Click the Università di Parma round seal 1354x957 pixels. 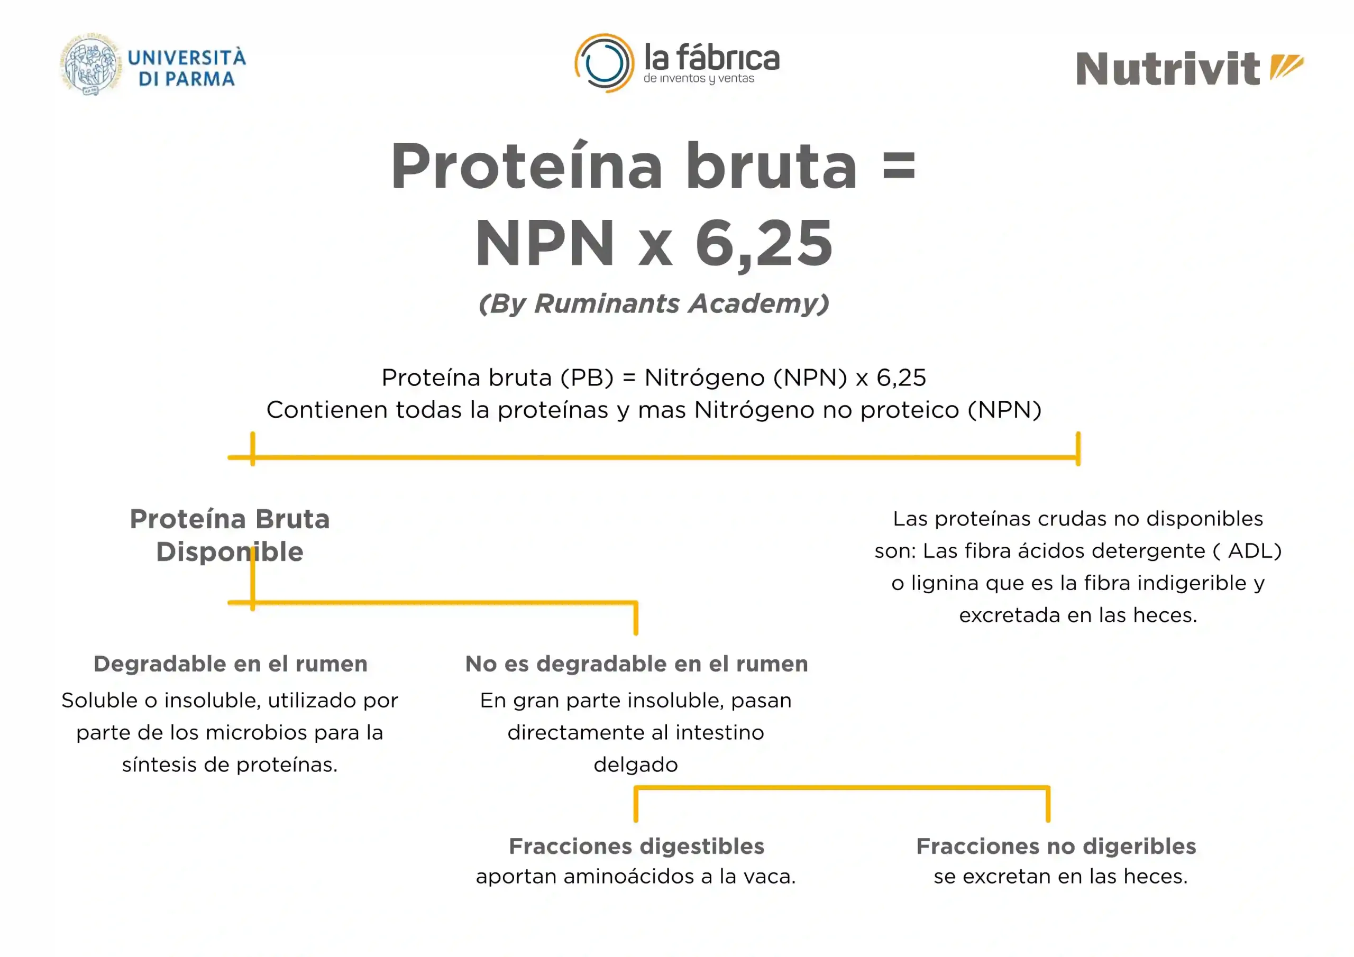click(91, 65)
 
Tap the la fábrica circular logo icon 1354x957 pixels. click(605, 63)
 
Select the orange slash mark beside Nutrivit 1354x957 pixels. click(1287, 66)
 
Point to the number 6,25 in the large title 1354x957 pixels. click(764, 243)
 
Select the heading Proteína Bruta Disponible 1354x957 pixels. click(230, 535)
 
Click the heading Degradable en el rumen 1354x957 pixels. click(231, 664)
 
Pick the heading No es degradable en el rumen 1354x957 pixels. click(636, 664)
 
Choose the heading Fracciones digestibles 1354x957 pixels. click(636, 845)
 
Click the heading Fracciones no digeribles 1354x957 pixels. click(1056, 845)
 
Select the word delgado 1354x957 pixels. click(636, 765)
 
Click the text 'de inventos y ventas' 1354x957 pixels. click(699, 78)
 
